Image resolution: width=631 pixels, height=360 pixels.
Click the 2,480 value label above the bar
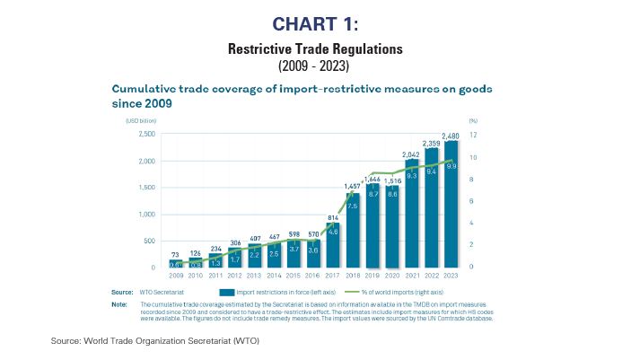pos(451,136)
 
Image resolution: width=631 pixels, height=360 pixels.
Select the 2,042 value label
pos(411,155)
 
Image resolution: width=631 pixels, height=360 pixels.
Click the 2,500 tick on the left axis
pos(145,135)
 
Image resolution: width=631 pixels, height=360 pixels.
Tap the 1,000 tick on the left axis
pos(145,215)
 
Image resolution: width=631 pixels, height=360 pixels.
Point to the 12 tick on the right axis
pos(473,135)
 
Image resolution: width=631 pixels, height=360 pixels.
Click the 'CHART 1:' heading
pos(315,22)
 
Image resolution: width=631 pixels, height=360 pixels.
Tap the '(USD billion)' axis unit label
pos(129,119)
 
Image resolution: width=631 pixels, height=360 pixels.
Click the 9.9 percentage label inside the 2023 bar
pos(451,166)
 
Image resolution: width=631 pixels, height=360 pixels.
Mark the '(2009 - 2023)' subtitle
pos(314,66)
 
